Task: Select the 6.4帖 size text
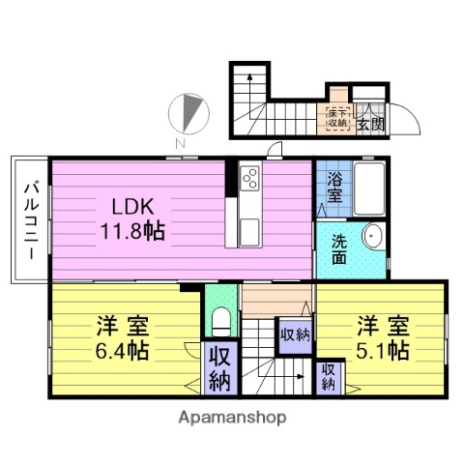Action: pyautogui.click(x=121, y=350)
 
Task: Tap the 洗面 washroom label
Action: pyautogui.click(x=334, y=249)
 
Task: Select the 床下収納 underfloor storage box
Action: pyautogui.click(x=337, y=117)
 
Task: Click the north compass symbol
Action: pyautogui.click(x=188, y=115)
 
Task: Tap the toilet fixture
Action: pyautogui.click(x=219, y=319)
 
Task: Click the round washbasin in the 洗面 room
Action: pyautogui.click(x=370, y=237)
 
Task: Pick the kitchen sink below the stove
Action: pyautogui.click(x=248, y=231)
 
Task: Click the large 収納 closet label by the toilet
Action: pyautogui.click(x=219, y=367)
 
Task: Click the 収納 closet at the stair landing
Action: pyautogui.click(x=295, y=334)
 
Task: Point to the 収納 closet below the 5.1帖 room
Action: pyautogui.click(x=329, y=375)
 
